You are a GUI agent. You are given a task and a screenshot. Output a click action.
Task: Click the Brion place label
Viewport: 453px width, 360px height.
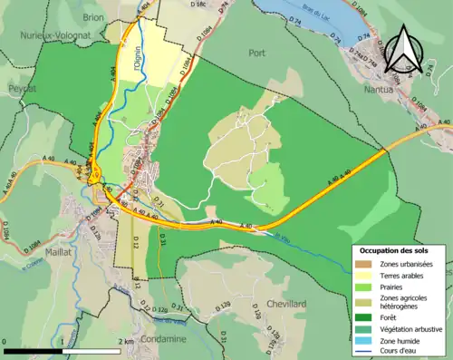(x=93, y=17)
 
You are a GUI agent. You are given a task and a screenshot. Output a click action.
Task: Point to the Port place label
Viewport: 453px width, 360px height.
(x=256, y=53)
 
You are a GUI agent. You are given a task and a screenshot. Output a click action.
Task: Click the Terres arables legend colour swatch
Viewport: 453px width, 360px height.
(x=361, y=276)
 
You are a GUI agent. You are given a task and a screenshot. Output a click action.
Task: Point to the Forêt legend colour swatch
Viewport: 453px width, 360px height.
(x=361, y=316)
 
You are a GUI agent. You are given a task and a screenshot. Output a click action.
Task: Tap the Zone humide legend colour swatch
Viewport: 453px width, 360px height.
(x=361, y=340)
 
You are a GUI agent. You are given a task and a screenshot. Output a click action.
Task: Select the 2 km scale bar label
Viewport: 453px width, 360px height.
(x=128, y=342)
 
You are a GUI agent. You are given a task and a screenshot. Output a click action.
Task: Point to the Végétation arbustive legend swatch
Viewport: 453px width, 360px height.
(x=361, y=328)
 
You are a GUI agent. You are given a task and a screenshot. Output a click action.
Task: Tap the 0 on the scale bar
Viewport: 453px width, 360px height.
(x=5, y=342)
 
